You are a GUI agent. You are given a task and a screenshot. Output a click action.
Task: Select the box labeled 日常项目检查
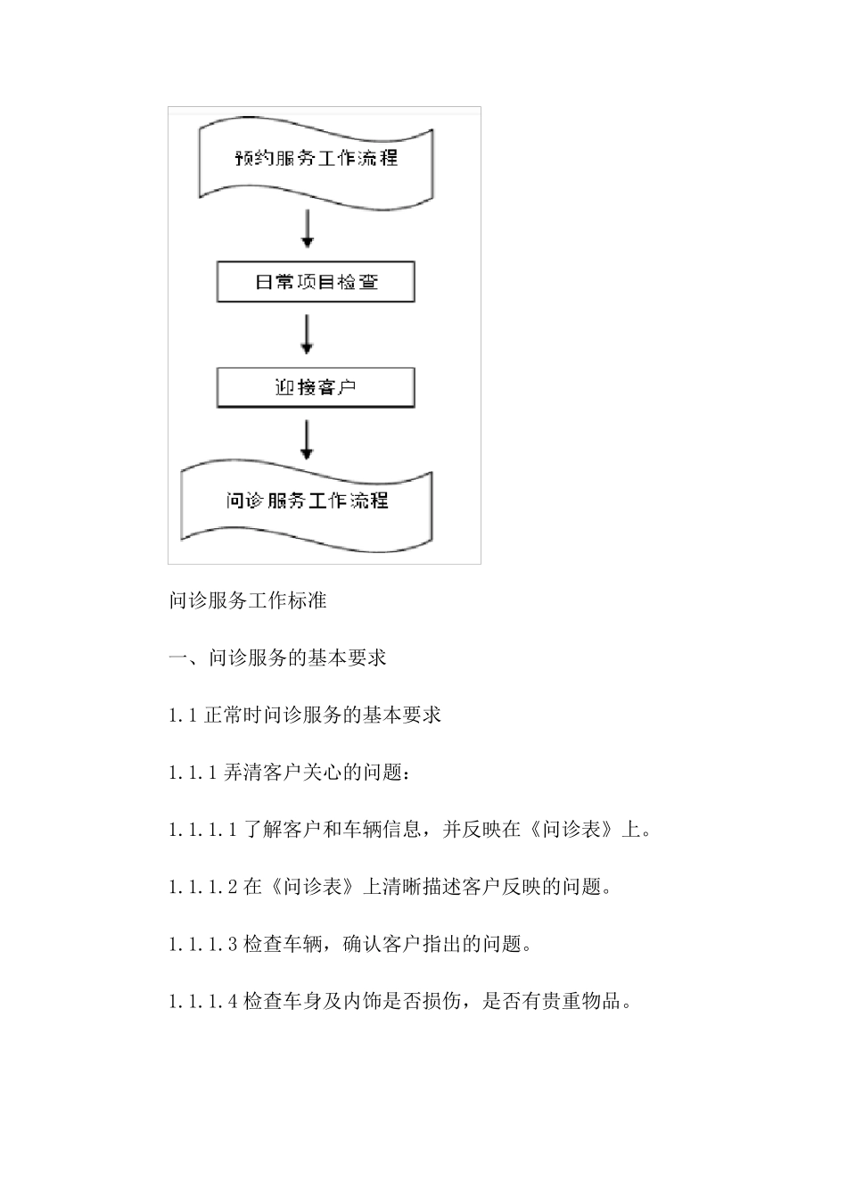tap(316, 282)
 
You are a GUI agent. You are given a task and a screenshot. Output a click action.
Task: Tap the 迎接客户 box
tap(316, 388)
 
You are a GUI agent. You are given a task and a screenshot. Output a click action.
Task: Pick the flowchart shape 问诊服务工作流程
tap(307, 501)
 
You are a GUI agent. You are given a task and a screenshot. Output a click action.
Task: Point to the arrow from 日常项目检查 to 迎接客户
tap(308, 334)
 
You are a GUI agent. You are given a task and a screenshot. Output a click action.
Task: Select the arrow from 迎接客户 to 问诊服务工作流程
tap(308, 440)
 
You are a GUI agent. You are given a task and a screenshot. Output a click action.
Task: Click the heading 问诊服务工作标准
tap(248, 600)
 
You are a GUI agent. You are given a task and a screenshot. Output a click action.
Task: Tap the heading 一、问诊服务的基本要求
tap(277, 658)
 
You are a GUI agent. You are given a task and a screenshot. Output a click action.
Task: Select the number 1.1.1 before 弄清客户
tap(192, 773)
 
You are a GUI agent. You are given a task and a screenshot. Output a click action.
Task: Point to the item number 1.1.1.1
tap(202, 830)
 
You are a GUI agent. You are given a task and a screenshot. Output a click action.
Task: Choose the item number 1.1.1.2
tap(202, 887)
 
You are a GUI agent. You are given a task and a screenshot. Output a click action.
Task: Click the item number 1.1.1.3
tap(202, 944)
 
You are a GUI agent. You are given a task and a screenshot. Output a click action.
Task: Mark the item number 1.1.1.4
tap(202, 1001)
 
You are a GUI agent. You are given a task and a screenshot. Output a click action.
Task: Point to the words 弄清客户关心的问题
tap(311, 773)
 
